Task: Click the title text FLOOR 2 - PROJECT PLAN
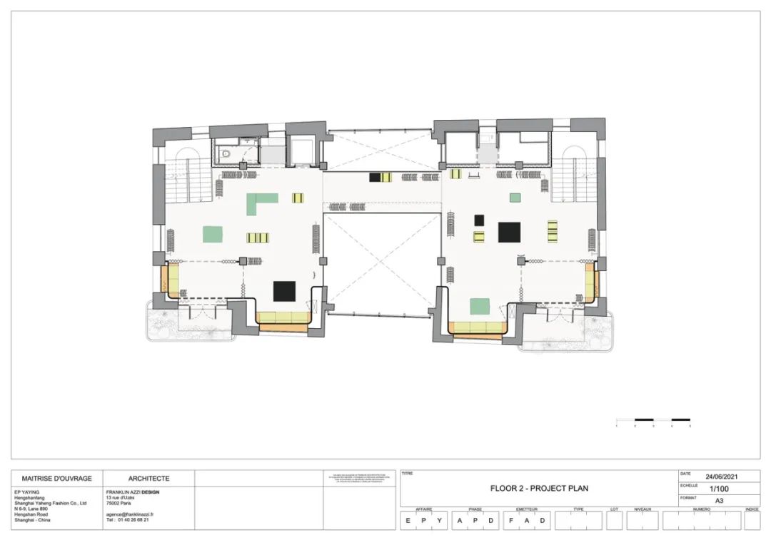pos(539,489)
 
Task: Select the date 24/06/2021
pos(721,477)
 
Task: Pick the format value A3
pos(719,501)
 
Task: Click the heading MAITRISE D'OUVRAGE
pos(57,479)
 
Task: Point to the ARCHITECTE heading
pos(148,479)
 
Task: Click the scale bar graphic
pos(652,420)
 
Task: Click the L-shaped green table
pos(260,203)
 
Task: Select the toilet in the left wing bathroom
pos(226,152)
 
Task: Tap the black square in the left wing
pos(284,291)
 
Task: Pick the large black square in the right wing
pos(509,232)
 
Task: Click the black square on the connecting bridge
pos(375,176)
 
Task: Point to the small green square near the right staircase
pos(515,198)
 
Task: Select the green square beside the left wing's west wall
pos(213,234)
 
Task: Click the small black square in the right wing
pos(479,220)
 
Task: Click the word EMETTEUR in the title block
pos(526,509)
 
